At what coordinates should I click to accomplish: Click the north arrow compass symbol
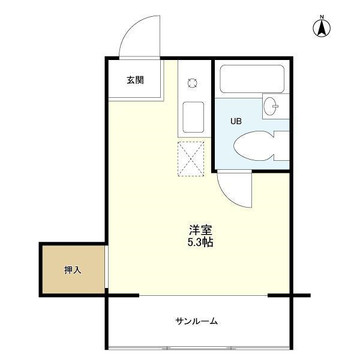322,28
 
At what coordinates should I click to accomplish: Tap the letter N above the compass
322,17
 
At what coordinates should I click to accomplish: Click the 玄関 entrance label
135,80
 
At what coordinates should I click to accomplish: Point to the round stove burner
193,83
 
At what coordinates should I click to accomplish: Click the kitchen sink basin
193,117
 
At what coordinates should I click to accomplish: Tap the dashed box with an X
191,159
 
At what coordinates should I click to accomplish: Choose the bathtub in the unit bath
252,79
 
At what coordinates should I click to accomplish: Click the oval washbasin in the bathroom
269,106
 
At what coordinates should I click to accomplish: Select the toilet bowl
254,146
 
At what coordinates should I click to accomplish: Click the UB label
236,121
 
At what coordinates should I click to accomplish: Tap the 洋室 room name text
200,230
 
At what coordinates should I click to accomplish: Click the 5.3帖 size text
200,242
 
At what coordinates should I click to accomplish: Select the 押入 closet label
73,270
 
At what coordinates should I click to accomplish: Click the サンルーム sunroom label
197,321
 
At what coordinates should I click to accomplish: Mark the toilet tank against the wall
281,146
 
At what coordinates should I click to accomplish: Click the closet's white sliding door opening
107,266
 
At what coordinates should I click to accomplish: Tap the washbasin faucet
275,106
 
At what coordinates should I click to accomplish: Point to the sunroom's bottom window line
199,348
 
